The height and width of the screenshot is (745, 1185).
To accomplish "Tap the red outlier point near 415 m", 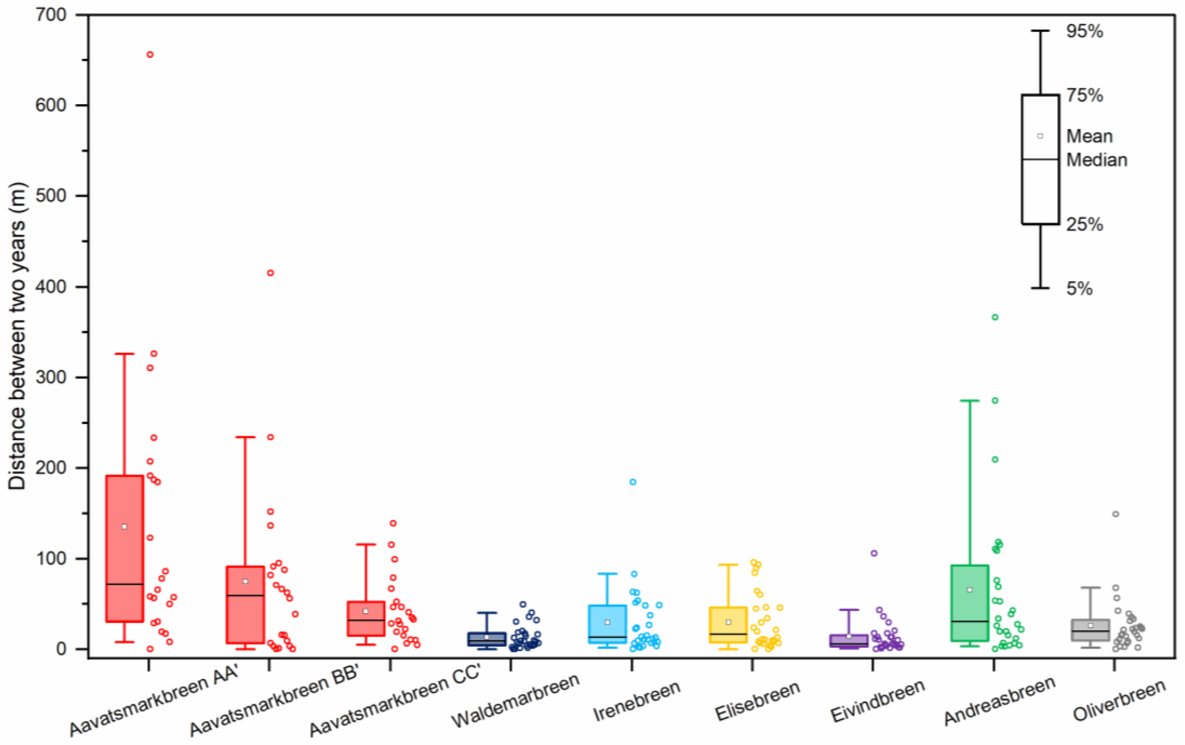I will click(x=270, y=273).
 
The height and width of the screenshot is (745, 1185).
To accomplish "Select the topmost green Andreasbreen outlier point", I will click(x=995, y=317).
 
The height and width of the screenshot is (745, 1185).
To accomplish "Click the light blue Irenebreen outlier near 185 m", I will click(x=633, y=482).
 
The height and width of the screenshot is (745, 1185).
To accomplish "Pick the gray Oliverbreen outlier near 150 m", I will click(x=1116, y=514).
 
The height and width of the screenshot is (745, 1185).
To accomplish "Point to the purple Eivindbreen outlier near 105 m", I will click(x=874, y=553).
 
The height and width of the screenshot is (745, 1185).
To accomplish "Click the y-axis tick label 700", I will click(x=51, y=15).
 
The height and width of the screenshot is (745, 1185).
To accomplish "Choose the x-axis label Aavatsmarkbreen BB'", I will click(x=274, y=708).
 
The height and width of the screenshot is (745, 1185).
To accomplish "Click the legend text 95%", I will click(x=1085, y=31).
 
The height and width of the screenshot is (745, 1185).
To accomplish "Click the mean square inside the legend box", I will click(x=1040, y=136).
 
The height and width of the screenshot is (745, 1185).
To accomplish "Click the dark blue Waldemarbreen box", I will click(x=487, y=639).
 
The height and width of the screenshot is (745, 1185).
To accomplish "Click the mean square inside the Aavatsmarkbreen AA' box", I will click(x=125, y=526).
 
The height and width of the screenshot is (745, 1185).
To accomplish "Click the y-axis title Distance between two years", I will click(x=17, y=336).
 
